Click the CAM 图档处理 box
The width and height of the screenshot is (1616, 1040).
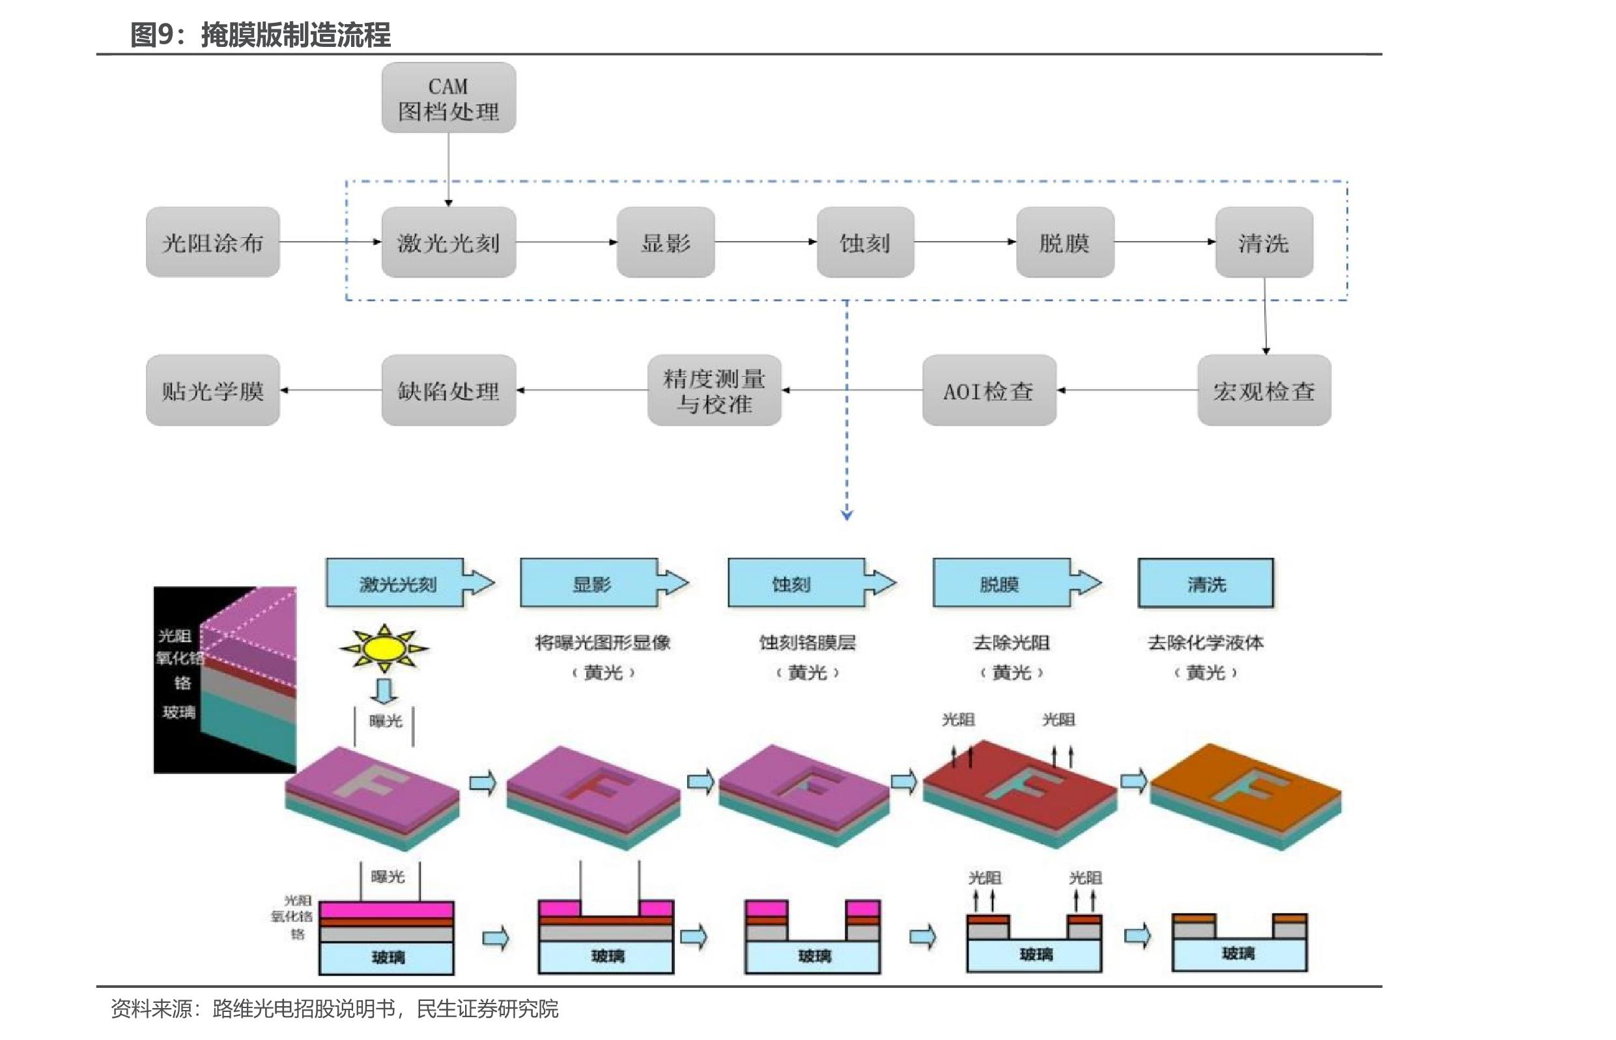[x=448, y=98]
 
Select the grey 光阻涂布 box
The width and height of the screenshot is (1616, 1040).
[x=212, y=242]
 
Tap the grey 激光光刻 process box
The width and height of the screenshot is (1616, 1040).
[x=448, y=242]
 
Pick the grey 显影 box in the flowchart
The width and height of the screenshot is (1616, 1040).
[x=666, y=242]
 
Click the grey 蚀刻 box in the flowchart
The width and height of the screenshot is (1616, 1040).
[x=865, y=242]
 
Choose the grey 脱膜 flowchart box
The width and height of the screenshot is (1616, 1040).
[x=1064, y=242]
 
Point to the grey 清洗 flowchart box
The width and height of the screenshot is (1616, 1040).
[x=1264, y=242]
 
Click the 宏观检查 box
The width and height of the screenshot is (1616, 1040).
[x=1264, y=390]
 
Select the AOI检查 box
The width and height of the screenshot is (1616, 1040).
[x=989, y=390]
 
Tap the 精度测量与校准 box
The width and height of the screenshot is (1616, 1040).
[x=714, y=390]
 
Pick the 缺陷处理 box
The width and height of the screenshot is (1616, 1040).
[x=448, y=390]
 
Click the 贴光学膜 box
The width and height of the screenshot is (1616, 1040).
[x=212, y=390]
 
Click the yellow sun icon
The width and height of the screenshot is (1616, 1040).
[x=384, y=648]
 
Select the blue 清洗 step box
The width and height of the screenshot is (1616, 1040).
[x=1206, y=583]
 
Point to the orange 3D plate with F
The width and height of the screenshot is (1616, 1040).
[x=1245, y=794]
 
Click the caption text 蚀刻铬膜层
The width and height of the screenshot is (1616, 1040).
[x=807, y=643]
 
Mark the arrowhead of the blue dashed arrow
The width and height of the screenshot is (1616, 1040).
[x=847, y=515]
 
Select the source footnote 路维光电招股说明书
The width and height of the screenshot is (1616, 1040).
[x=304, y=1009]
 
